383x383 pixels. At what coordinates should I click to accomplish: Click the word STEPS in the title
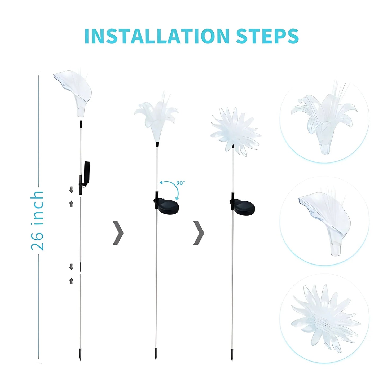[267, 36]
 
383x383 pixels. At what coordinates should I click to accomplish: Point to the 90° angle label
[181, 183]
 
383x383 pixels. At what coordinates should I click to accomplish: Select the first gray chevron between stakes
[118, 232]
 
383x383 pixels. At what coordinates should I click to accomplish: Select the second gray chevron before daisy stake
[199, 232]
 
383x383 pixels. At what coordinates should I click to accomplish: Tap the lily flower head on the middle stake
[156, 117]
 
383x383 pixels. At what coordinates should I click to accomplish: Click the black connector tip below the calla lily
[81, 124]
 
